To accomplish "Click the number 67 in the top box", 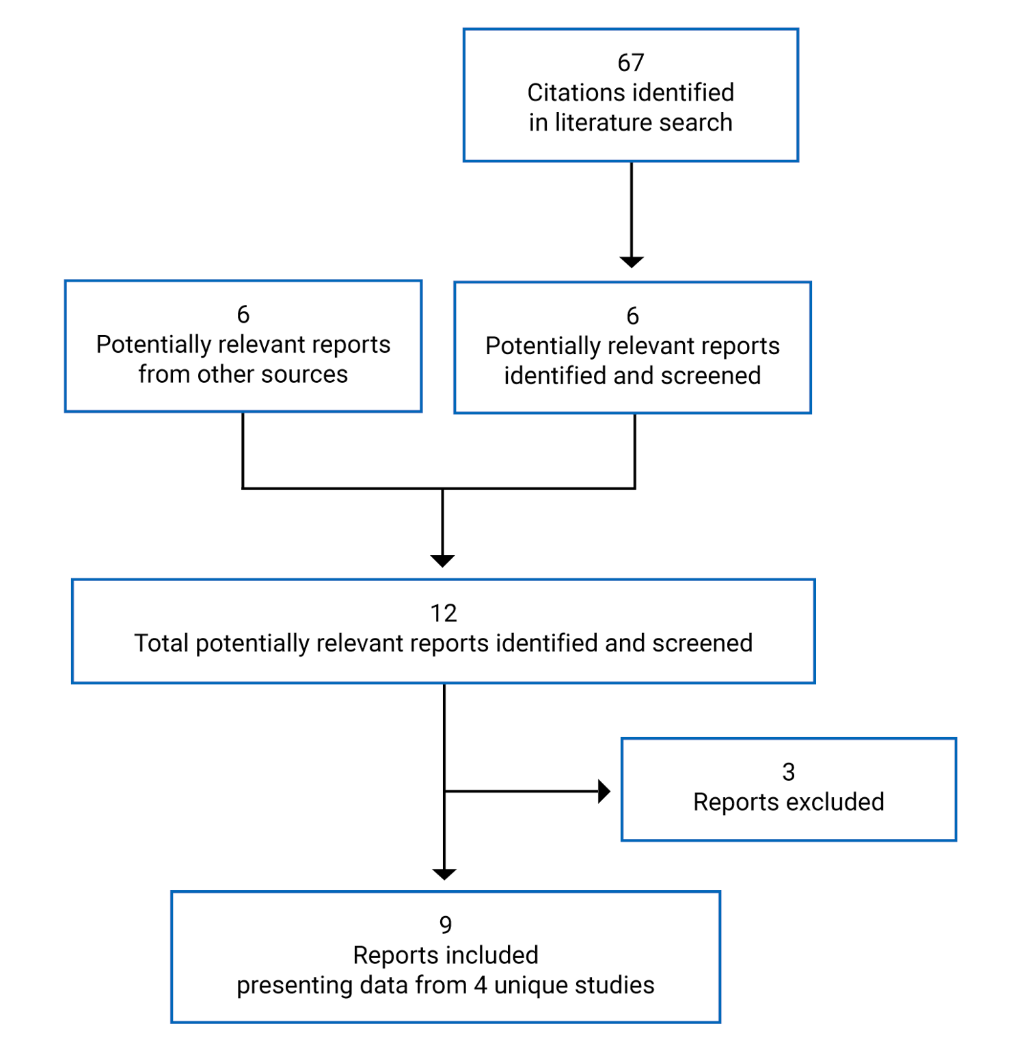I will pyautogui.click(x=630, y=63).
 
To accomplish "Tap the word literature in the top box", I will pyautogui.click(x=595, y=122).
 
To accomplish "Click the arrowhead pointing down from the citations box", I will pyautogui.click(x=631, y=262).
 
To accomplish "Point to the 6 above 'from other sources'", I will pyautogui.click(x=243, y=314).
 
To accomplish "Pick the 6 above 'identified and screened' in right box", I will pyautogui.click(x=632, y=316).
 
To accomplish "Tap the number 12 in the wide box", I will pyautogui.click(x=443, y=613).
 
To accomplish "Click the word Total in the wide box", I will pyautogui.click(x=161, y=643).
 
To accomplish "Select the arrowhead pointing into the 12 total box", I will pyautogui.click(x=443, y=561).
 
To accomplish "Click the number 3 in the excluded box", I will pyautogui.click(x=788, y=772).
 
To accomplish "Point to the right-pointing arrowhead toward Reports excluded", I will pyautogui.click(x=604, y=791).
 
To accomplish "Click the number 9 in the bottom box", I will pyautogui.click(x=445, y=925).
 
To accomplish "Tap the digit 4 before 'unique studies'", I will pyautogui.click(x=481, y=985).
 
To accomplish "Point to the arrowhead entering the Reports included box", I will pyautogui.click(x=444, y=874).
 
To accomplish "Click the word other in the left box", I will pyautogui.click(x=226, y=375).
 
